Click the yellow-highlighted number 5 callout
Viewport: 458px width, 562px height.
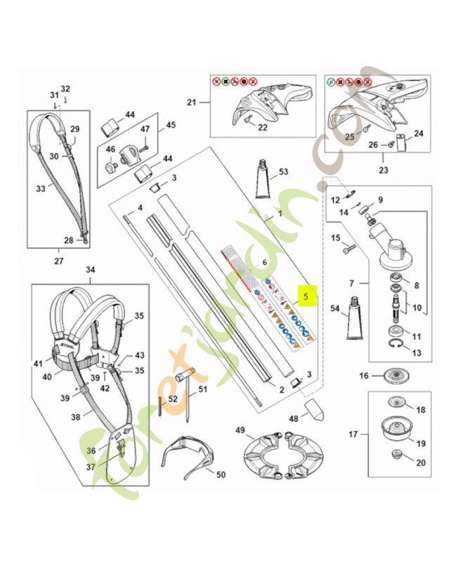(x=306, y=297)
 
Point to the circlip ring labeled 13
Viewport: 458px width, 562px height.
(x=398, y=344)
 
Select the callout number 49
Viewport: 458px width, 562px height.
(x=240, y=430)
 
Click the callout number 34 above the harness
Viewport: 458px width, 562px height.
(x=90, y=270)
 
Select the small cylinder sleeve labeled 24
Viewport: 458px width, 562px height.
(x=402, y=143)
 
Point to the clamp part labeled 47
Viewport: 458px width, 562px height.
(x=129, y=149)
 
